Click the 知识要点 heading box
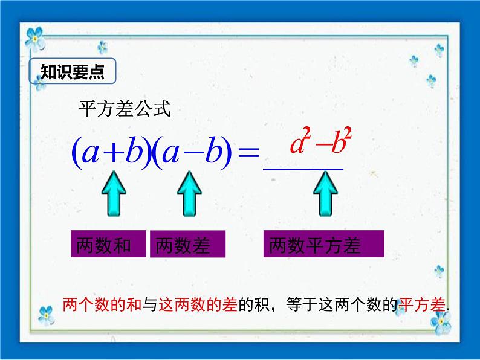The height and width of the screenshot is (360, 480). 73,71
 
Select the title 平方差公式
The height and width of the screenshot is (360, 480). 125,109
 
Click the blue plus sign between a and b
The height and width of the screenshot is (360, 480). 114,152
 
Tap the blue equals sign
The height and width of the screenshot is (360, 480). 249,152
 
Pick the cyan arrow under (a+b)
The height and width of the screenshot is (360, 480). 114,194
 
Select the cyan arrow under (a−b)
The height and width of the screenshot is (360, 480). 189,194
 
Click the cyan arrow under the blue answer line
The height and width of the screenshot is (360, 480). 325,194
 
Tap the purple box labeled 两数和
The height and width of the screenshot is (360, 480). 108,244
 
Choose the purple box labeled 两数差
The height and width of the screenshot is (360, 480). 187,244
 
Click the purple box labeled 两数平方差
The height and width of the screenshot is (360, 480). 324,244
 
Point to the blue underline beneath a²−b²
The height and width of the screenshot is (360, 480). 303,169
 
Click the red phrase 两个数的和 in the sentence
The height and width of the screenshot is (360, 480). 102,304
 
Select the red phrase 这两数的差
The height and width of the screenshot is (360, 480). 198,304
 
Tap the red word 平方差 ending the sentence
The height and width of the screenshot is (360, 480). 422,304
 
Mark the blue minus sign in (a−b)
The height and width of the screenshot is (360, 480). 193,153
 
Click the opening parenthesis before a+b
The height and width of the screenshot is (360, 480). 77,152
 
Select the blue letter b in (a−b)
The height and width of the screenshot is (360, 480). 214,149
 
